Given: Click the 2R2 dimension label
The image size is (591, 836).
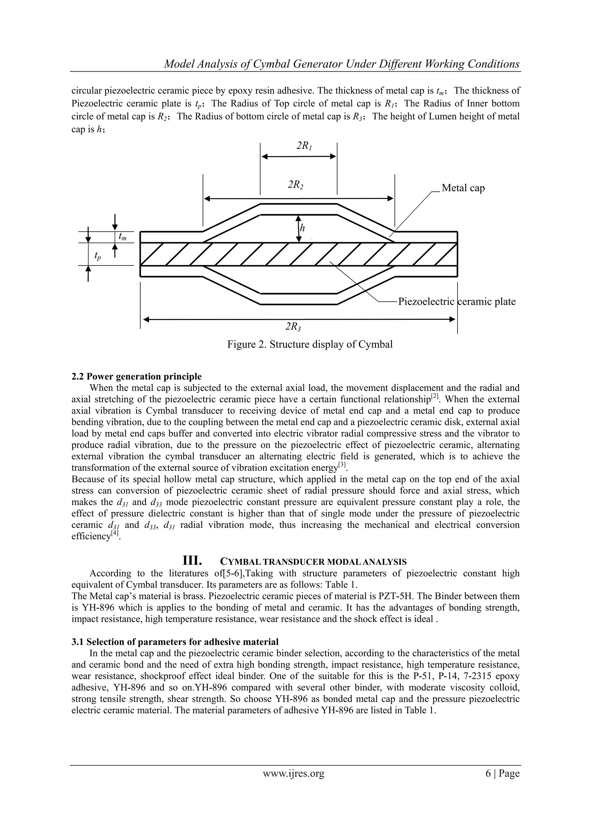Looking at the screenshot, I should tap(296, 185).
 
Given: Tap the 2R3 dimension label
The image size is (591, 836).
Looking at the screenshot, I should tap(293, 327).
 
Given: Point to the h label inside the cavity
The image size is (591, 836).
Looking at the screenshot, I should tap(302, 229).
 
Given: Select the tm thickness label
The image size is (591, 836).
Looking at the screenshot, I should tap(123, 237).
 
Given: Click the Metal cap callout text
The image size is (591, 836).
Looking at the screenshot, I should tap(463, 188).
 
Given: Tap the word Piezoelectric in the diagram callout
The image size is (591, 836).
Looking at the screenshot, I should tap(426, 302).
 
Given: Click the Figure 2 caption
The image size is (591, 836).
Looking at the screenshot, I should tap(310, 344).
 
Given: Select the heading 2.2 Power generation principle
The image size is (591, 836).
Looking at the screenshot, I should tap(136, 376).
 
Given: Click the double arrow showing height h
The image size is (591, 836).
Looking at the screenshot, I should tap(299, 229).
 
